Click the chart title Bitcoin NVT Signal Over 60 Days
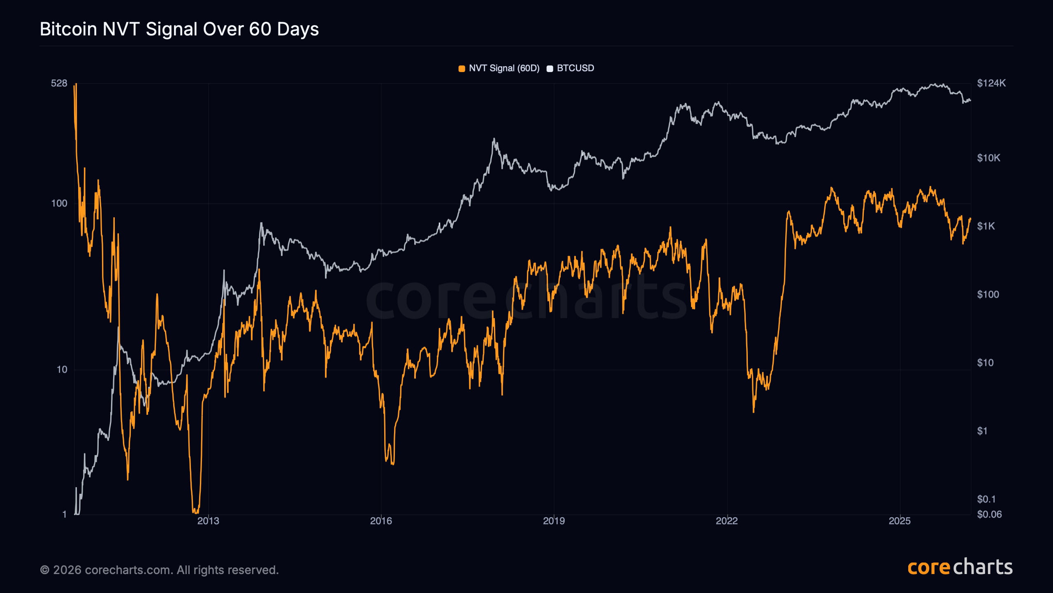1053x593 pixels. pyautogui.click(x=179, y=29)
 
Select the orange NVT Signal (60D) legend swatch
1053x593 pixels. pyautogui.click(x=462, y=68)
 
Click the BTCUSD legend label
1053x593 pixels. pyautogui.click(x=575, y=68)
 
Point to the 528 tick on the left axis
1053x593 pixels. pyautogui.click(x=59, y=83)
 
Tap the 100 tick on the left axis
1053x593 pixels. pyautogui.click(x=59, y=203)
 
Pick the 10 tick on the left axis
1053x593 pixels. pyautogui.click(x=62, y=369)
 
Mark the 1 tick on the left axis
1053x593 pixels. pyautogui.click(x=64, y=514)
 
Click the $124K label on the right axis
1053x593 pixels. pyautogui.click(x=991, y=83)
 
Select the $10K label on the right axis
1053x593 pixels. pyautogui.click(x=988, y=158)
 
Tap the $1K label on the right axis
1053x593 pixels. pyautogui.click(x=986, y=226)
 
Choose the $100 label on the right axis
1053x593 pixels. pyautogui.click(x=988, y=294)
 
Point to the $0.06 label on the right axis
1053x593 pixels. pyautogui.click(x=989, y=514)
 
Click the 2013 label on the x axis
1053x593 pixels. pyautogui.click(x=208, y=521)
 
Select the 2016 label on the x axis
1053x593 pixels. pyautogui.click(x=381, y=521)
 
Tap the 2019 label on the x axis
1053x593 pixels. pyautogui.click(x=554, y=521)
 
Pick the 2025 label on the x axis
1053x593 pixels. pyautogui.click(x=900, y=521)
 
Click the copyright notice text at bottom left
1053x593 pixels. pyautogui.click(x=159, y=570)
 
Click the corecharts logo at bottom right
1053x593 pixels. pyautogui.click(x=960, y=567)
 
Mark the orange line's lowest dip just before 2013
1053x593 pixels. pyautogui.click(x=195, y=512)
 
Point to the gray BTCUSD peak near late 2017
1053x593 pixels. pyautogui.click(x=494, y=139)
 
